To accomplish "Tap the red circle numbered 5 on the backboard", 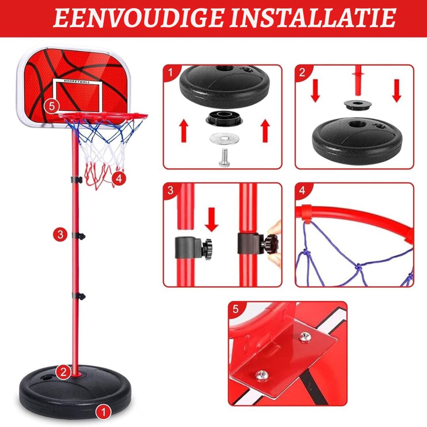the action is (51, 106).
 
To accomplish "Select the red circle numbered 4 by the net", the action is (119, 179).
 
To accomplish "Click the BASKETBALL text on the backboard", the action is (77, 81).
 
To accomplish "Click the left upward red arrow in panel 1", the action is (184, 131).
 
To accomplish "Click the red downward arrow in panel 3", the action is (211, 220).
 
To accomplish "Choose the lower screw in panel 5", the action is (260, 375).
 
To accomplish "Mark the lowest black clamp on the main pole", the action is (78, 296).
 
